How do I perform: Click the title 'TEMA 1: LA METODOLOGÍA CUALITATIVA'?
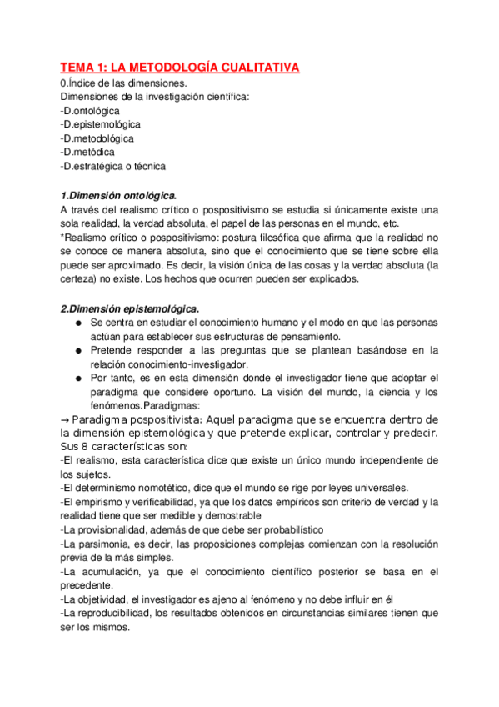click(x=179, y=68)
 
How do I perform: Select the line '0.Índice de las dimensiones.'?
click(x=124, y=83)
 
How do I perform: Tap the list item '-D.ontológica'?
click(x=90, y=110)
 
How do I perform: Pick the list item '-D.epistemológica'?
click(x=101, y=124)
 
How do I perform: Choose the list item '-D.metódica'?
click(x=87, y=152)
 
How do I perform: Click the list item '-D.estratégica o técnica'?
click(x=113, y=166)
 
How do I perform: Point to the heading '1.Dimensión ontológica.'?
click(x=119, y=194)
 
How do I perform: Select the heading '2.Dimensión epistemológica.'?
click(x=130, y=307)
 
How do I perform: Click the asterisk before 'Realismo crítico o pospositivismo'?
click(x=63, y=237)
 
